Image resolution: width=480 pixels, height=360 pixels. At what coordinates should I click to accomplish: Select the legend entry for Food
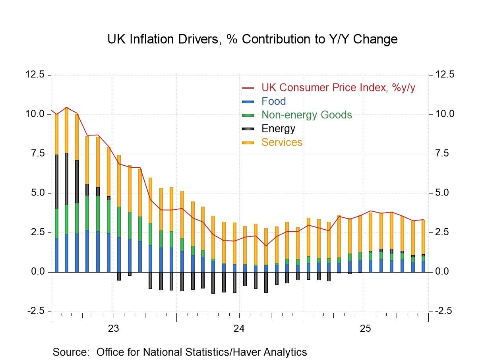tap(273, 101)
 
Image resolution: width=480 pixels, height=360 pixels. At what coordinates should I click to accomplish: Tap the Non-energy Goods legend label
tap(306, 115)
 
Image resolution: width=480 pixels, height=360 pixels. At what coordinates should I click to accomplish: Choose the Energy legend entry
tap(278, 129)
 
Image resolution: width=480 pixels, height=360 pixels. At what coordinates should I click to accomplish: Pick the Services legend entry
tap(282, 142)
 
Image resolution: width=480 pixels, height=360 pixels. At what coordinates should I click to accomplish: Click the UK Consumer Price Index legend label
tap(338, 87)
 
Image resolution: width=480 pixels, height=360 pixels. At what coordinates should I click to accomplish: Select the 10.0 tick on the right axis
tap(444, 114)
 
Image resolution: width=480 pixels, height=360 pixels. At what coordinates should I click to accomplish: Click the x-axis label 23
tap(114, 329)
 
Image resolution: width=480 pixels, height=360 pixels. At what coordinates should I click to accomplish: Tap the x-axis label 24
tap(239, 329)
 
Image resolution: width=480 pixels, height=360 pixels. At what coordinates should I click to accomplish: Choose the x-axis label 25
tap(365, 329)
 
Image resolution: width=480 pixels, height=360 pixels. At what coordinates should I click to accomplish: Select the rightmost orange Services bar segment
tap(423, 237)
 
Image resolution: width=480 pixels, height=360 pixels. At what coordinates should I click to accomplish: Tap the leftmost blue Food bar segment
tap(56, 255)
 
